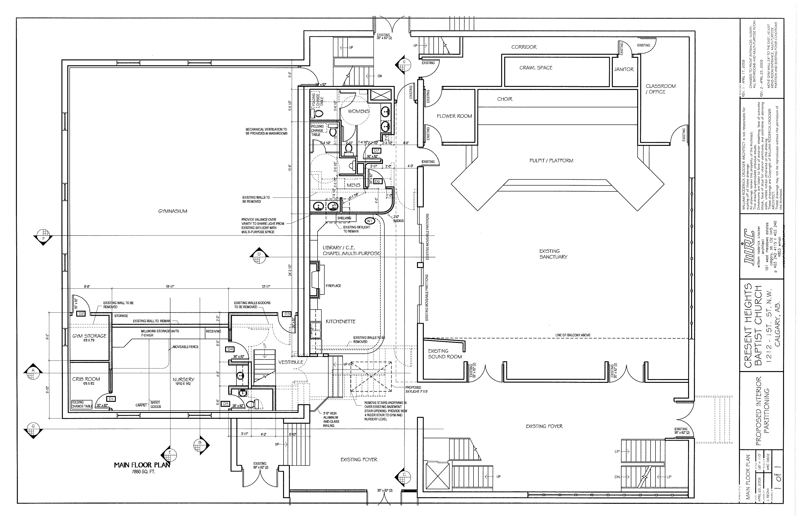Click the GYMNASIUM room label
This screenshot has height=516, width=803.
[173, 211]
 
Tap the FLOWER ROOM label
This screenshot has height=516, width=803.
[454, 116]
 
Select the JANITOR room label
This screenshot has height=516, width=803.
[624, 69]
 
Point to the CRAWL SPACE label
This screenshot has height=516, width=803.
[536, 68]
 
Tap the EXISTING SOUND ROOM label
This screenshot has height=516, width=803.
[445, 354]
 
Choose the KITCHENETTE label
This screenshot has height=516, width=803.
[340, 321]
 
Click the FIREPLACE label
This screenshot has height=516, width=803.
[333, 286]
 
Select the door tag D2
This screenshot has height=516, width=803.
[81, 314]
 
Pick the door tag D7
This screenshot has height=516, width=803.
[377, 151]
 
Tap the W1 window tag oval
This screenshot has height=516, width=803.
[369, 221]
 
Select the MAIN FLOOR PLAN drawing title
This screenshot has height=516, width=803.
[142, 465]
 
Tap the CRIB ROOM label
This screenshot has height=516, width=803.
[86, 379]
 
